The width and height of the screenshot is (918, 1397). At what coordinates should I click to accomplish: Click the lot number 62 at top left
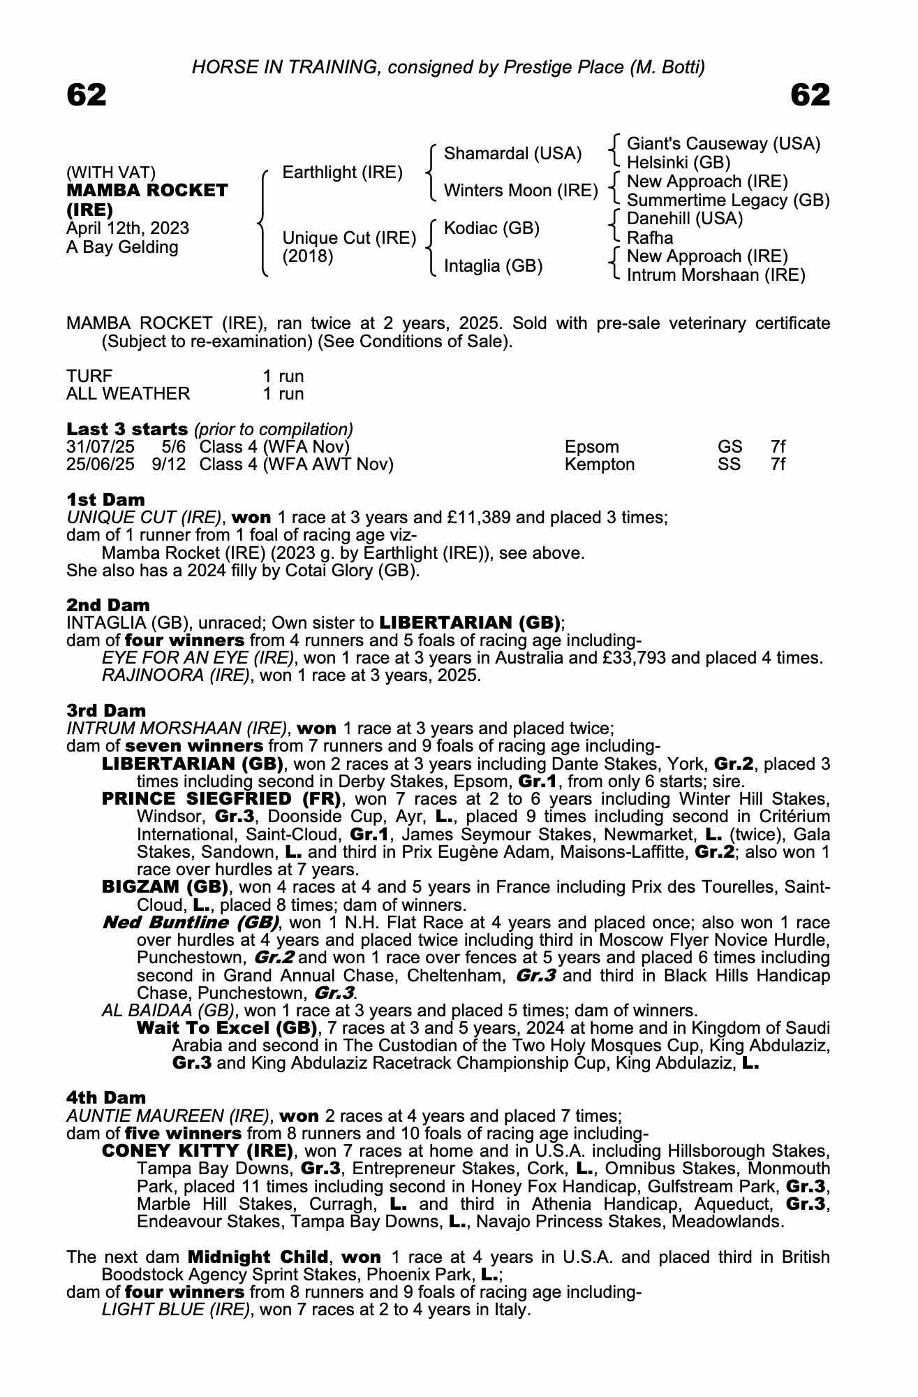(87, 95)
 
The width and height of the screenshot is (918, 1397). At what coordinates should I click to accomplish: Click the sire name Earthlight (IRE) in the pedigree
(342, 172)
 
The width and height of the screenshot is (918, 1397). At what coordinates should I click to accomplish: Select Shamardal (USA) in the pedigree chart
(512, 154)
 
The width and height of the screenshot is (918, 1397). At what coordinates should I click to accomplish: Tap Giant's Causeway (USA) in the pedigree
(723, 144)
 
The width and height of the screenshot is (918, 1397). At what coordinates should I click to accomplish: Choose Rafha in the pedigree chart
(650, 237)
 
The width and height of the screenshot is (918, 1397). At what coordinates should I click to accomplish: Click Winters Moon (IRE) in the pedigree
(520, 191)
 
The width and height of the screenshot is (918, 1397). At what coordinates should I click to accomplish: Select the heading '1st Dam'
(105, 499)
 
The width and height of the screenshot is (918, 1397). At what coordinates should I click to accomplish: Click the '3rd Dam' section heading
(106, 710)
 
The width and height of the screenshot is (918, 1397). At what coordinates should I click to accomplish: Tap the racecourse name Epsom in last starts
(591, 447)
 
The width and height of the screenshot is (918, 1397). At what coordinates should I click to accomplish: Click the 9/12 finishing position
(170, 465)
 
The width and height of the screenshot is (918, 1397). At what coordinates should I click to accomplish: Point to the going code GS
(729, 447)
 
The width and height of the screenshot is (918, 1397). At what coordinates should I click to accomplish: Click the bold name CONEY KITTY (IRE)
(198, 1150)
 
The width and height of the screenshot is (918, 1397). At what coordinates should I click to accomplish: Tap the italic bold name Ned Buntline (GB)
(191, 923)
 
